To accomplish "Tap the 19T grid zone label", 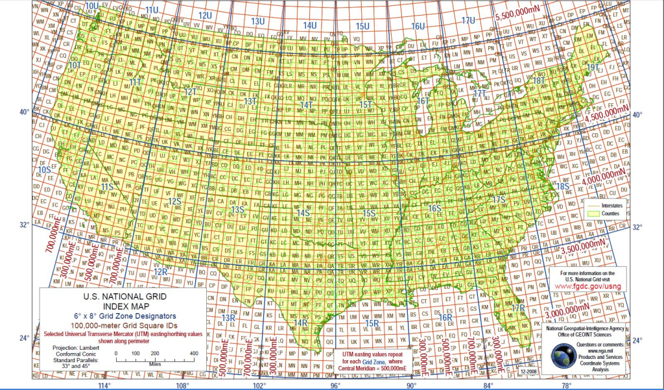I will [x=592, y=67].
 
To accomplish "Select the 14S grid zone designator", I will [x=302, y=213].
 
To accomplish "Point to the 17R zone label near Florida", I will [x=517, y=308].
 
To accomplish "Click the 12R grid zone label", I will [x=161, y=271].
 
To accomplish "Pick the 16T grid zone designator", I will [x=422, y=101].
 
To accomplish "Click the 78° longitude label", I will [x=566, y=385].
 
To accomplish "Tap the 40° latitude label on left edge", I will [x=23, y=112].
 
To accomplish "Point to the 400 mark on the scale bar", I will [x=193, y=353].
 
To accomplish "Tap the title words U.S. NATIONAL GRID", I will [x=122, y=297].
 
